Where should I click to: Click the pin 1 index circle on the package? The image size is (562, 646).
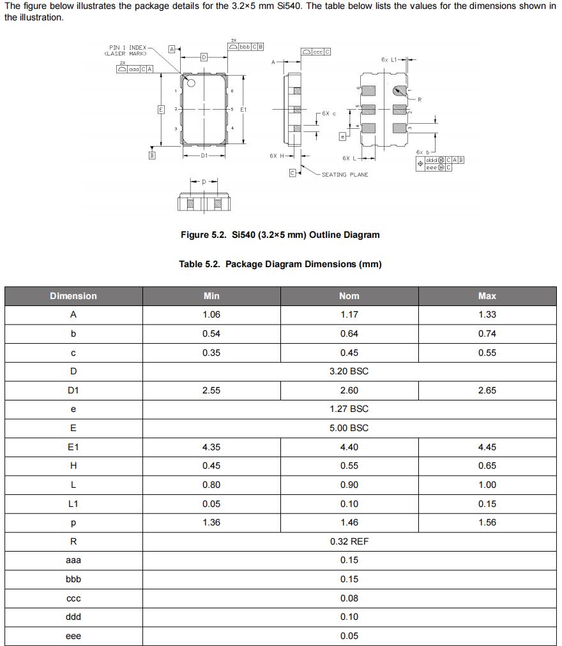pos(191,82)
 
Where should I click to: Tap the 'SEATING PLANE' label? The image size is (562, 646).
pos(345,175)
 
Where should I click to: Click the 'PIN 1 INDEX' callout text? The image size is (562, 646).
pos(128,47)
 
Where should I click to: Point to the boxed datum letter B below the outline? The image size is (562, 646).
pos(152,155)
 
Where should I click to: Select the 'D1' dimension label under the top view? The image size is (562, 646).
pos(204,156)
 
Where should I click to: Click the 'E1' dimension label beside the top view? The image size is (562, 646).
pos(243,110)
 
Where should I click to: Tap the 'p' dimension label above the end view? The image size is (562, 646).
pos(204,182)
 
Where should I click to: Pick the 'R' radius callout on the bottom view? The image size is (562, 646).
pos(420,99)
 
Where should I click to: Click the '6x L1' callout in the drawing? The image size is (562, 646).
pos(389,59)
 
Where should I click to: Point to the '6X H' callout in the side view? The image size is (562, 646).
pos(276,156)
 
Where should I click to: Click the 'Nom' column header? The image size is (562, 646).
pos(349,296)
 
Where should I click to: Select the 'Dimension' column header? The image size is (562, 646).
pos(73,296)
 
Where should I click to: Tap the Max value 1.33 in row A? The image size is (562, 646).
pos(487,314)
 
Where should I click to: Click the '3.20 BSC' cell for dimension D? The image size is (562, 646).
pos(349,371)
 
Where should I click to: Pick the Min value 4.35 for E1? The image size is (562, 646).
pos(211,447)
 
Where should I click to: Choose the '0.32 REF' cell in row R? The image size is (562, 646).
pos(349,541)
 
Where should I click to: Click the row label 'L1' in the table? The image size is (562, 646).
pos(73,504)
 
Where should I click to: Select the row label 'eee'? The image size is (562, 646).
pos(73,636)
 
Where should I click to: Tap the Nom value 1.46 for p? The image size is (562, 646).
pos(349,522)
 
